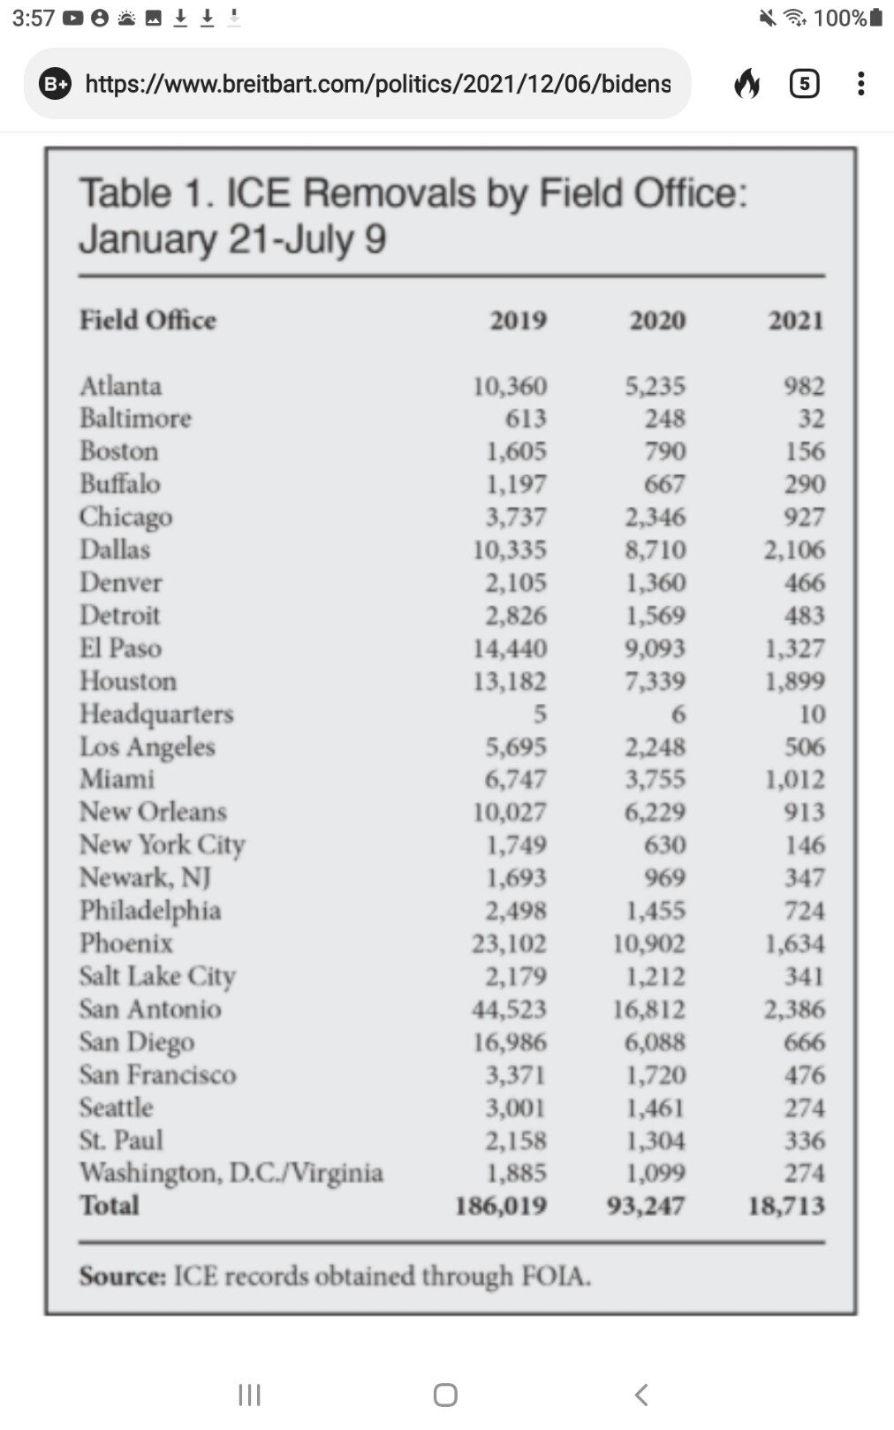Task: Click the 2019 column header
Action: (x=518, y=320)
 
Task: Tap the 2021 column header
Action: (x=795, y=320)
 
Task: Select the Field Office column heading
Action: (x=148, y=320)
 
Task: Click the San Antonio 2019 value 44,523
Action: (x=509, y=1009)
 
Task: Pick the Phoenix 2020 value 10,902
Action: (x=648, y=943)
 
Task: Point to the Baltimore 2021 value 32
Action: (x=811, y=418)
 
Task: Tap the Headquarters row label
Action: (x=156, y=714)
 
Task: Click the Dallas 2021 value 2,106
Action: (x=794, y=549)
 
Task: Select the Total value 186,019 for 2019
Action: (x=501, y=1206)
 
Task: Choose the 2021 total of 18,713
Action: (x=786, y=1206)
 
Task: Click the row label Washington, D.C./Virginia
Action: (x=231, y=1173)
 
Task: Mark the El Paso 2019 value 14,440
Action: (x=509, y=648)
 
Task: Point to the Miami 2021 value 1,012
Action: (x=794, y=779)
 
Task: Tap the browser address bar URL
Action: (x=377, y=84)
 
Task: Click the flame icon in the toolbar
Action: (x=747, y=84)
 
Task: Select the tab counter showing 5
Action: (x=804, y=84)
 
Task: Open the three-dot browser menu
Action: (x=860, y=84)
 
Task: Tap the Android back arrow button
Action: (x=642, y=1395)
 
